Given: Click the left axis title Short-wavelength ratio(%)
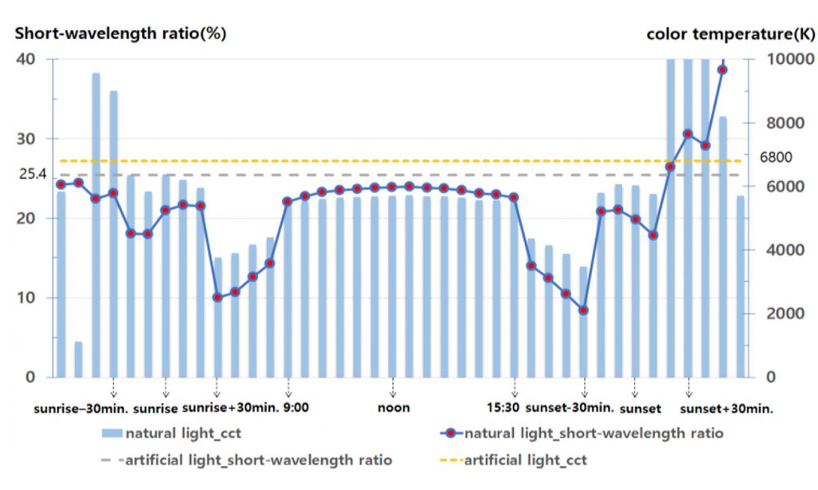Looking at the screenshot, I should tap(121, 34).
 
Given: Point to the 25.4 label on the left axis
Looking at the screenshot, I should tap(32, 174).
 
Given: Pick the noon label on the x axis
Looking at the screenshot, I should tap(394, 408).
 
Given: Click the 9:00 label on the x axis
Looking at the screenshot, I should tap(296, 408).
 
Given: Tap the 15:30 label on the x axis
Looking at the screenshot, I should tap(503, 408).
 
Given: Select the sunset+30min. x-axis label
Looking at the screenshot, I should tap(726, 409).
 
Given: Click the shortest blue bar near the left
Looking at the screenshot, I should tap(78, 359).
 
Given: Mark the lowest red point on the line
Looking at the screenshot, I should tap(583, 310).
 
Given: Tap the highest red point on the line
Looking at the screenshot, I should tap(722, 70).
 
